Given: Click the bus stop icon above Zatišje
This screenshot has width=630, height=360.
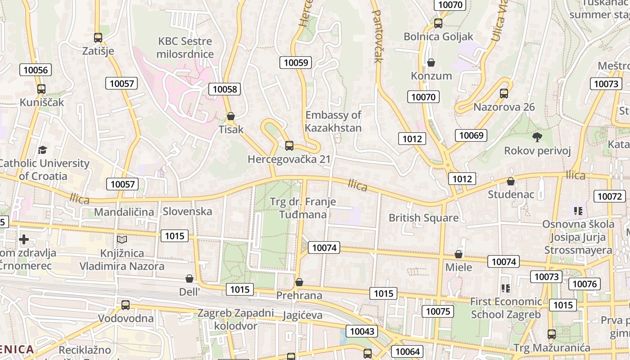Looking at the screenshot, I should (98, 38).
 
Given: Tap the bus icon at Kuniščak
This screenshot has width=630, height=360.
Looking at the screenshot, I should (41, 89).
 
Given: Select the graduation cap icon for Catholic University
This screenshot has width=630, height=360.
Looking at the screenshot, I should (43, 150).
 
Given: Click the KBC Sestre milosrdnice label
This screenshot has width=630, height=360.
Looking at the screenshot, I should (185, 48).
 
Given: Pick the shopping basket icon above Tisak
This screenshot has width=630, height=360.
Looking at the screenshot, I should (231, 117).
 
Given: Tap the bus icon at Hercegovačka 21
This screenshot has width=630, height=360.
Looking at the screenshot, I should (289, 146).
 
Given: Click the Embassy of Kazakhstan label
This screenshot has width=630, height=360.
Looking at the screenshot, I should (333, 121).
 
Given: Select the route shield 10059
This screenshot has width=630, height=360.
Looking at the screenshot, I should (296, 63).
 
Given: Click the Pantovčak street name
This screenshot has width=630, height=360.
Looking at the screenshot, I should (377, 36).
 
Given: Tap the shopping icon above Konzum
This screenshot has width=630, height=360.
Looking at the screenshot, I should (431, 63).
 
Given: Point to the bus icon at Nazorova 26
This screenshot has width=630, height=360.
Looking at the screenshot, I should (504, 94).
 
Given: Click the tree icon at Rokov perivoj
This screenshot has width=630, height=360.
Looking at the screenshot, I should (537, 137).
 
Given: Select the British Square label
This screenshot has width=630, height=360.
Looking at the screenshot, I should (423, 218).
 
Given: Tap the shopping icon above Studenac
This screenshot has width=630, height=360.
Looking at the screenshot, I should (511, 181).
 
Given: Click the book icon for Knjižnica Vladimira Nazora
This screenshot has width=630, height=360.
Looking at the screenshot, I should (122, 240).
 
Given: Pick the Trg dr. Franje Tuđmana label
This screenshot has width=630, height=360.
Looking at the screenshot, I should (303, 208).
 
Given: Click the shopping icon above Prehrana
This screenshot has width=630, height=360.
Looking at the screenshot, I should (299, 283).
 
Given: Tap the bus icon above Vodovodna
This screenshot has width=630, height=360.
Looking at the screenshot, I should (126, 305).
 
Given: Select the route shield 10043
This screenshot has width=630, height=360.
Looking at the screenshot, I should (362, 332).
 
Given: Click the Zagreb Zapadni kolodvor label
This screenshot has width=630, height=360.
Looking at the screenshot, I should (235, 319).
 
